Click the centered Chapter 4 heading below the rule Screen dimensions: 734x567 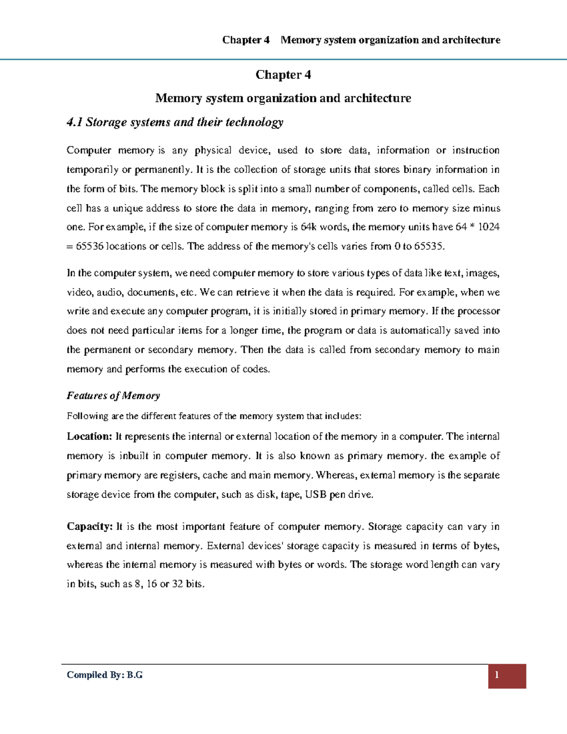click(283, 75)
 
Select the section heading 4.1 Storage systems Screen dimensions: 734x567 click(175, 122)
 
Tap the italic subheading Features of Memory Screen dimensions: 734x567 click(113, 396)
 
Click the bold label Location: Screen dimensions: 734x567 click(89, 437)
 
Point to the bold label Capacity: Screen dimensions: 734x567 click(90, 527)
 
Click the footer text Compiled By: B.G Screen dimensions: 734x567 click(104, 675)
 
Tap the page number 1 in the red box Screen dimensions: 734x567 click(497, 675)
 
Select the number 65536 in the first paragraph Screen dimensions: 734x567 click(89, 246)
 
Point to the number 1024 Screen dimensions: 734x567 click(489, 227)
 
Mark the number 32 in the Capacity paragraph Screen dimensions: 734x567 click(177, 584)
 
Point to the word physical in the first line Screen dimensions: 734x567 click(213, 150)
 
